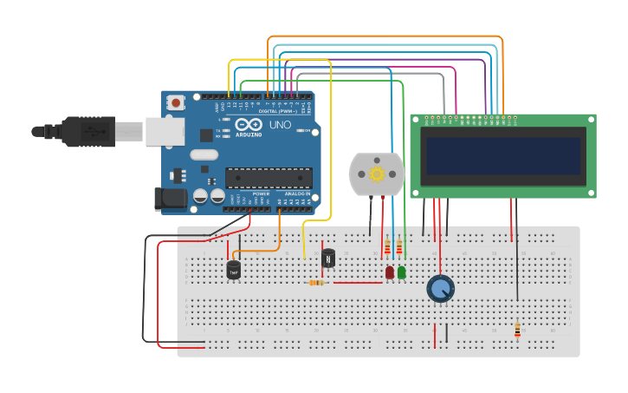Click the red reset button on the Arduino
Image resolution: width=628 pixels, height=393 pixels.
pos(177,102)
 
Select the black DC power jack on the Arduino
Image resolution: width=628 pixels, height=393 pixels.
pos(170,200)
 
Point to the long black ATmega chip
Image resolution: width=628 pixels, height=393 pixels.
pos(269,177)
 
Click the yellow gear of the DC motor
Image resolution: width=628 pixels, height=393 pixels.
pos(377,174)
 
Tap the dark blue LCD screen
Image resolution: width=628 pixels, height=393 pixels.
pos(502,156)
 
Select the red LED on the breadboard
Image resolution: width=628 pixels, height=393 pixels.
pos(390,272)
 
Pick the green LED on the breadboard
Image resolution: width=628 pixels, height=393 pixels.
pos(401,272)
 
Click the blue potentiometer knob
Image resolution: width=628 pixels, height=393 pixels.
pos(441,288)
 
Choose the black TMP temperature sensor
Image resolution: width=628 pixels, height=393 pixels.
pos(233,270)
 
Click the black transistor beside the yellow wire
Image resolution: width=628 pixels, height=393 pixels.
pos(328,258)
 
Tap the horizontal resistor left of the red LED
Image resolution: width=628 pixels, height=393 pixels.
pos(317,282)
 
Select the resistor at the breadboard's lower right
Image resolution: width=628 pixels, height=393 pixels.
pos(517,329)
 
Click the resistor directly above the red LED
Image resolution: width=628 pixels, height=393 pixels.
pos(387,249)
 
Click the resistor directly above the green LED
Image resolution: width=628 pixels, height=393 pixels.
pos(398,249)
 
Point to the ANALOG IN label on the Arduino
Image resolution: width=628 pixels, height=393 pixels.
pos(295,193)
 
